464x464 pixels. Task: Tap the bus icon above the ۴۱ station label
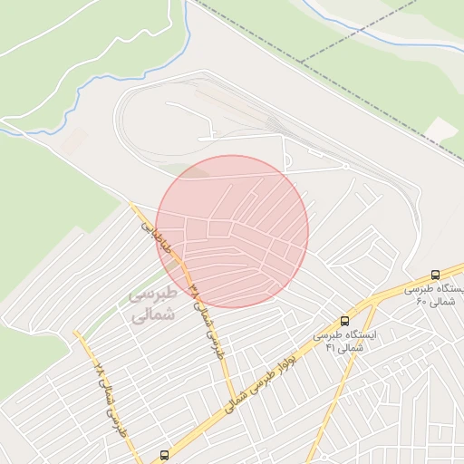point(344,321)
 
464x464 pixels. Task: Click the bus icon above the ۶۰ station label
point(436,275)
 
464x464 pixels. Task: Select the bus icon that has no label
point(164,455)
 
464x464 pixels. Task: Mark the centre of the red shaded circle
point(232,232)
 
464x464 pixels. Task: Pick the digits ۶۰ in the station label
point(421,301)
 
